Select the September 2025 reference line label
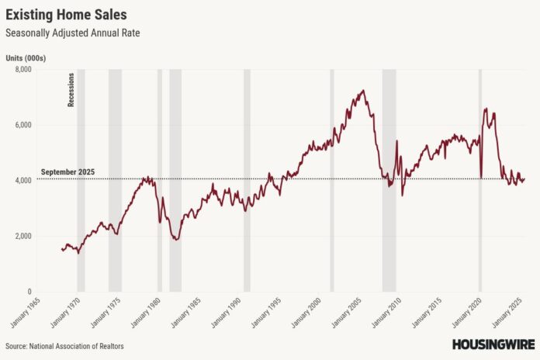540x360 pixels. (x=67, y=172)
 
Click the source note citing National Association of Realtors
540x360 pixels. (x=64, y=346)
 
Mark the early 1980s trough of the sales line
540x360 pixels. (x=176, y=239)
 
